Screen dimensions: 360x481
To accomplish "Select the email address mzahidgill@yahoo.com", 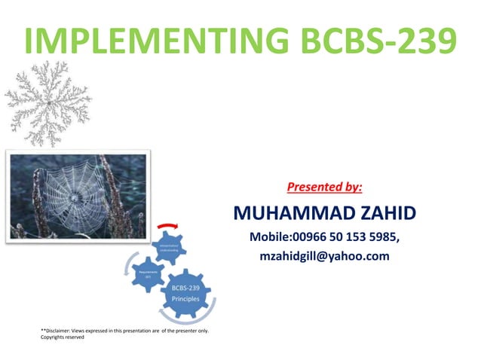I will [x=323, y=257].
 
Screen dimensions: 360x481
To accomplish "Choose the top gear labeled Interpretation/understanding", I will [x=169, y=248].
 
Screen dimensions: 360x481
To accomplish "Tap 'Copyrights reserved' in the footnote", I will [x=63, y=337].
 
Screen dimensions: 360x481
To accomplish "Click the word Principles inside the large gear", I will [x=185, y=299].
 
